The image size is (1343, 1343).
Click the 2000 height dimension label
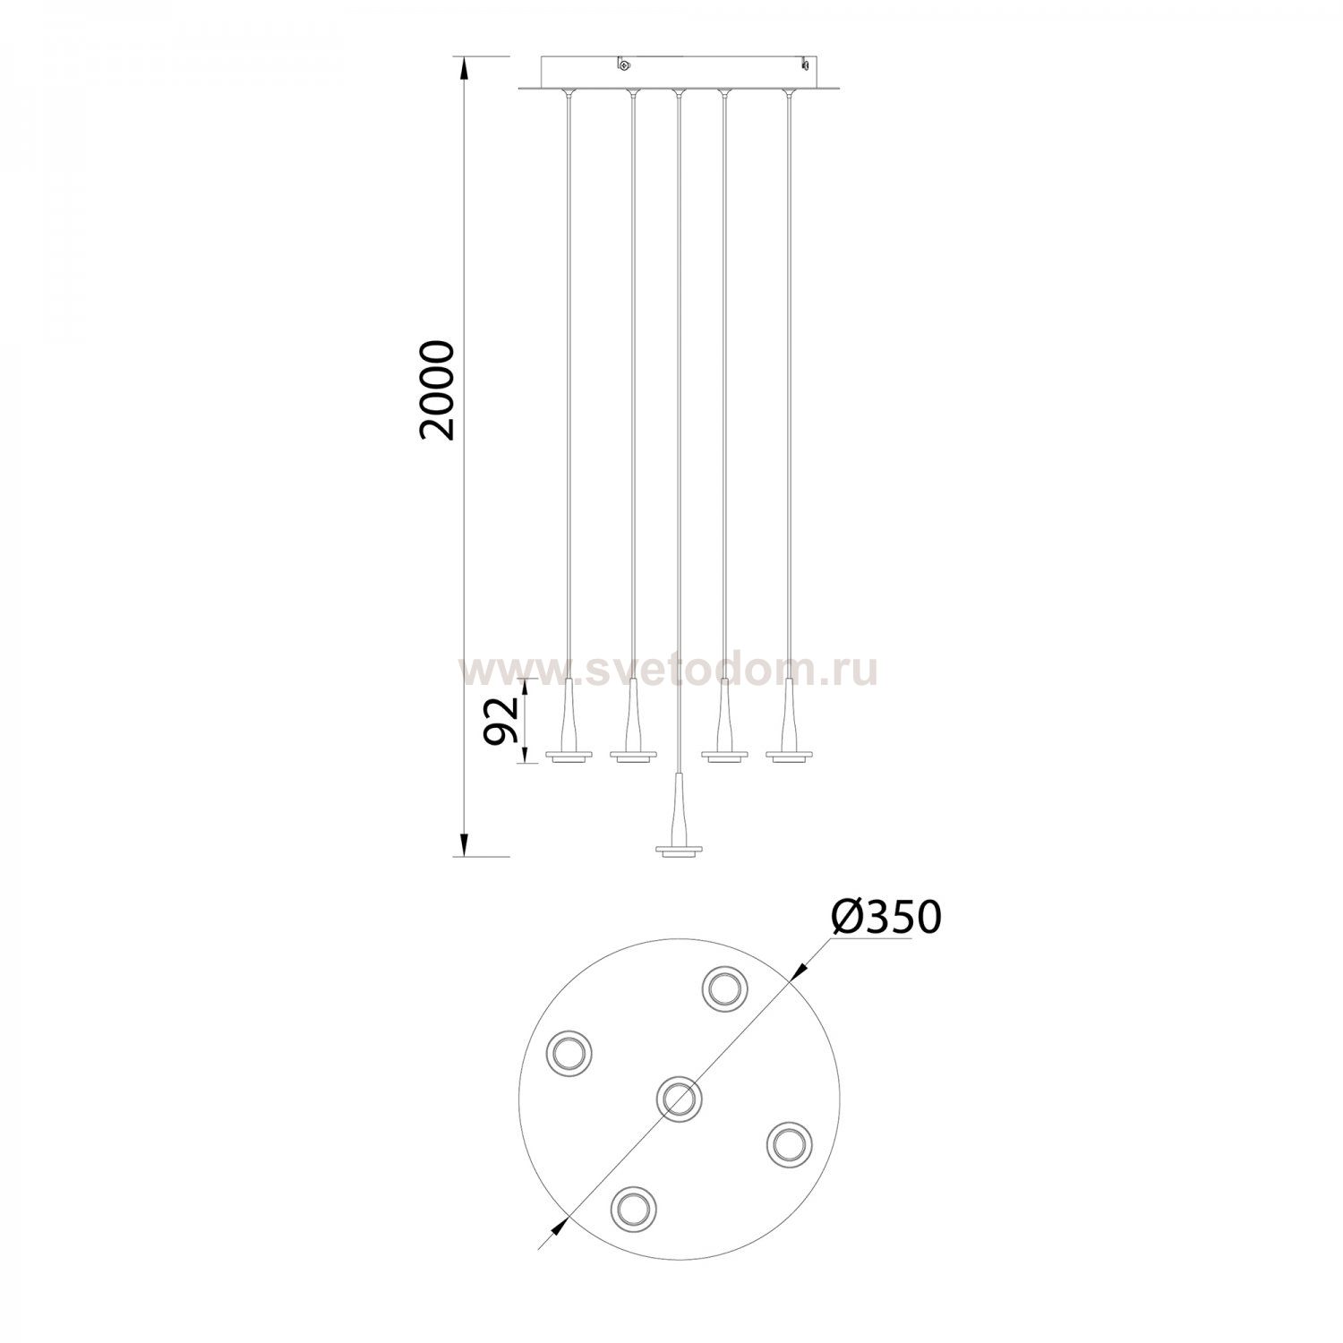(x=441, y=390)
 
